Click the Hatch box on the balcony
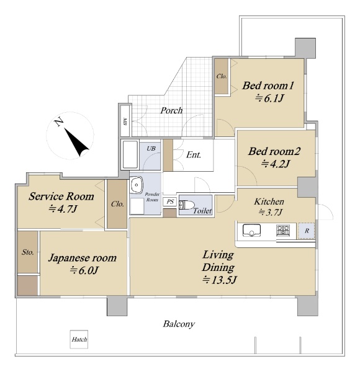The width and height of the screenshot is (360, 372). click(79, 339)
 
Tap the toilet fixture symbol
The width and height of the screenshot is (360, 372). click(187, 205)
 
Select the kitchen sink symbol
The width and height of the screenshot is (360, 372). click(251, 231)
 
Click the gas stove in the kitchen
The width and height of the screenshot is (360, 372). click(283, 230)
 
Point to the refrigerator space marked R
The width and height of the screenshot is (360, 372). click(307, 231)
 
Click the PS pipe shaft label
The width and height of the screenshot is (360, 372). click(170, 202)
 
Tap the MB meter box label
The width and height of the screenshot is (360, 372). click(125, 122)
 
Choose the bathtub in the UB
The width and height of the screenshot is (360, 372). click(130, 154)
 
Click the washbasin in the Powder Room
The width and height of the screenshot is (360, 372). click(136, 185)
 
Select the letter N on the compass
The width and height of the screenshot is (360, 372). click(58, 122)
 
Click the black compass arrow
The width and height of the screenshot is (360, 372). click(76, 142)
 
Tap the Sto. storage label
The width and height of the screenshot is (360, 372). click(28, 252)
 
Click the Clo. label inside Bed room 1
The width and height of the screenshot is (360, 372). click(222, 76)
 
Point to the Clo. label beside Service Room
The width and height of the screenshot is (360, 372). click(117, 204)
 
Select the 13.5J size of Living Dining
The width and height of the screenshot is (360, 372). click(219, 280)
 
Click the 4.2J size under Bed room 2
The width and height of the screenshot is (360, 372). click(276, 164)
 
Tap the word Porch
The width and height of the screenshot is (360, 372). click(171, 110)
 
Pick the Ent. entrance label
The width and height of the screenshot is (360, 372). click(194, 155)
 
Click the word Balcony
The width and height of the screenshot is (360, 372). click(179, 324)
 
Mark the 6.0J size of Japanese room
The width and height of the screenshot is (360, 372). click(84, 270)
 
